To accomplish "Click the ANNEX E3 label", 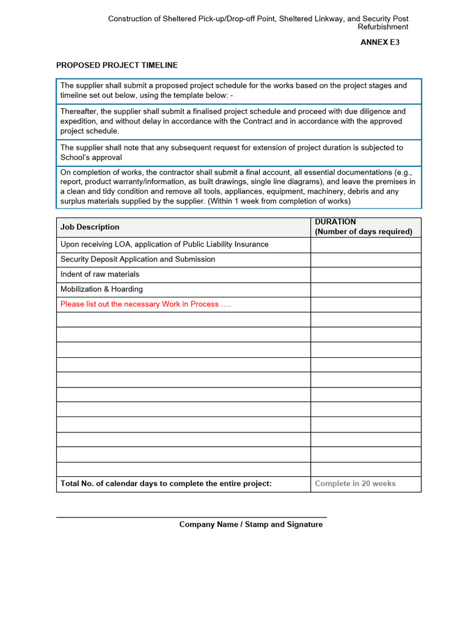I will pos(380,42).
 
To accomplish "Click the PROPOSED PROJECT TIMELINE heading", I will pos(117,65).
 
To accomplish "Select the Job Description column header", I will pos(90,227).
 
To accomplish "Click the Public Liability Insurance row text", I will pos(164,244).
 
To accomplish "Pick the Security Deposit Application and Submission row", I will pos(137,259).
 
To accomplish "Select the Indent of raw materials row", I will pos(100,274).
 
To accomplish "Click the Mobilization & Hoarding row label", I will pos(102,289).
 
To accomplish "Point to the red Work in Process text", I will pos(145,304).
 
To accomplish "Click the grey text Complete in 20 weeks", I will pos(355,484).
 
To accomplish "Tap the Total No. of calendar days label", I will pos(166,484).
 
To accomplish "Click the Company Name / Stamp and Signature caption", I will pos(251,525).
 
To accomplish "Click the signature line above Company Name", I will pos(191,517).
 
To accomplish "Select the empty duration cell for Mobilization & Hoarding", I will pos(366,289).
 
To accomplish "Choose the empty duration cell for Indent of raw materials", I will pos(366,274).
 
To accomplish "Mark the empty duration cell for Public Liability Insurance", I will pos(366,244).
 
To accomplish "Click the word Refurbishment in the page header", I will pos(383,27).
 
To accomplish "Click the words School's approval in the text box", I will pos(91,157).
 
